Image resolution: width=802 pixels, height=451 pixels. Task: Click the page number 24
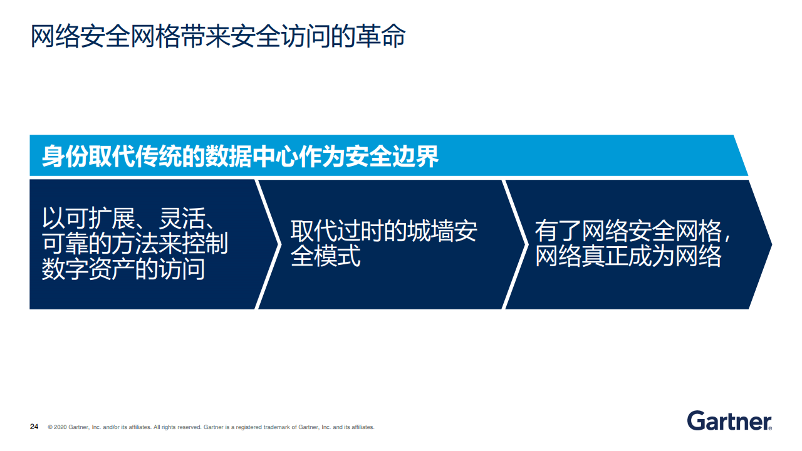point(34,427)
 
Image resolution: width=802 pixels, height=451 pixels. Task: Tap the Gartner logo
point(729,421)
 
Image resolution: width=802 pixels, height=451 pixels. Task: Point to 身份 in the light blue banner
point(65,157)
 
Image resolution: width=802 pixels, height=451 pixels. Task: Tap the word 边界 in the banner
point(415,157)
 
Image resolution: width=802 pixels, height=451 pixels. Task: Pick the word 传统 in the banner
point(159,157)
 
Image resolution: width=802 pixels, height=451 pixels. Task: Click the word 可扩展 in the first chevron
point(88,217)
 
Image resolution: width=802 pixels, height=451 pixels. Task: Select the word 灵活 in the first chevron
point(182,217)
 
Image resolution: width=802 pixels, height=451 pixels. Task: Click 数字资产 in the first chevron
point(88,269)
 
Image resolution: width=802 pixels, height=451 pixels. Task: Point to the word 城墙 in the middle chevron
point(430,231)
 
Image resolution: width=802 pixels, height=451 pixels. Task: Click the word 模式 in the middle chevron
point(337,256)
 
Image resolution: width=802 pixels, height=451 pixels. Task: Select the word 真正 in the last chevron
point(605,256)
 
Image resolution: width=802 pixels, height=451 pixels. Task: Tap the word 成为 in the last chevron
point(652,256)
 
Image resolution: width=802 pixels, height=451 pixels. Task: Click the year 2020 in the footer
point(60,427)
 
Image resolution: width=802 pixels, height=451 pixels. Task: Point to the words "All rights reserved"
point(177,427)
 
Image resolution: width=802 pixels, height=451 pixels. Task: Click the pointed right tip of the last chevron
point(771,244)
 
